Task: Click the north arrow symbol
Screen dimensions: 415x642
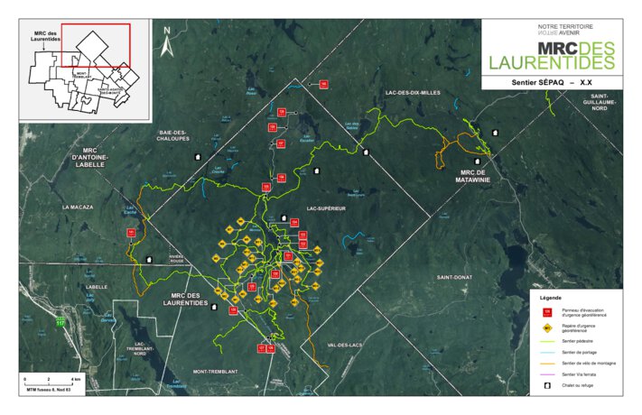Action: click(167, 37)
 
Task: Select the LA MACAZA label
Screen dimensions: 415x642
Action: click(79, 207)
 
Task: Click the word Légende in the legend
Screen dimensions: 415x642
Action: click(551, 297)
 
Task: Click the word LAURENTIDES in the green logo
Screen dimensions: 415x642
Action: click(551, 63)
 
